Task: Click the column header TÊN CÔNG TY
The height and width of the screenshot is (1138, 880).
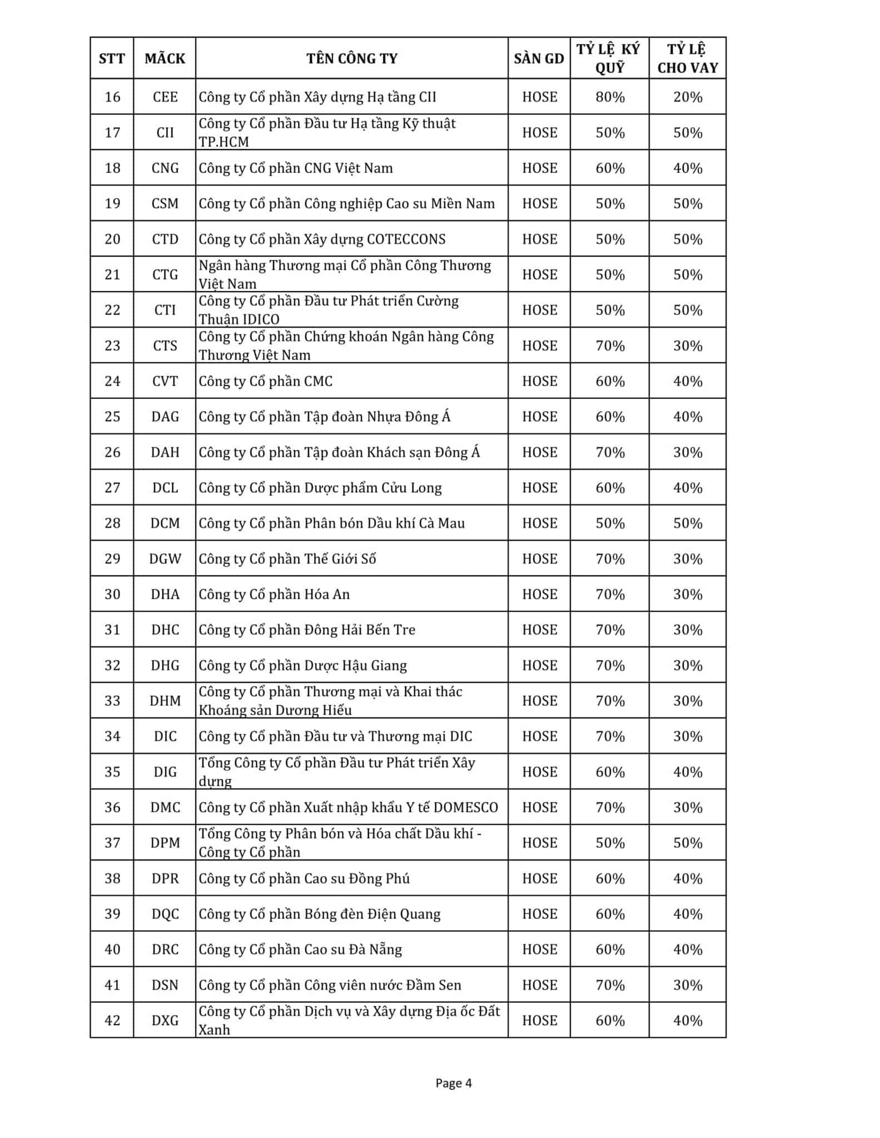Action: click(x=352, y=58)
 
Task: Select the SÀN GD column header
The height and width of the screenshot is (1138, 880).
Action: click(x=539, y=58)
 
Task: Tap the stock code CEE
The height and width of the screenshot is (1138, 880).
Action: click(x=165, y=97)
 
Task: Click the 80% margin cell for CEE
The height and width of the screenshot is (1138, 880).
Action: click(x=610, y=97)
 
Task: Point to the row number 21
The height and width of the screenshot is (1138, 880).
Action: click(x=112, y=274)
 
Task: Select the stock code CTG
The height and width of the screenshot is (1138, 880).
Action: click(x=165, y=274)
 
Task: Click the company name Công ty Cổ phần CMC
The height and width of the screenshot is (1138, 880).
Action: click(x=266, y=381)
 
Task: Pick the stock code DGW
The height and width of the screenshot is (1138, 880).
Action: click(x=165, y=559)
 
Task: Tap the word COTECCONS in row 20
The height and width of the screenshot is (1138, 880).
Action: click(x=406, y=239)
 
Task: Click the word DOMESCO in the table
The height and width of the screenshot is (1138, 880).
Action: click(x=466, y=807)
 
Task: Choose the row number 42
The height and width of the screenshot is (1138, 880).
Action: click(x=112, y=1021)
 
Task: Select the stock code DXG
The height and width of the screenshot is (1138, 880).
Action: click(x=165, y=1021)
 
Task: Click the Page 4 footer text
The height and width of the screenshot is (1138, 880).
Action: click(x=454, y=1083)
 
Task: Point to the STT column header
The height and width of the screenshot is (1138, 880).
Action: click(x=112, y=58)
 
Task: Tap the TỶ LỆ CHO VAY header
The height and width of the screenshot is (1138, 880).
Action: click(x=688, y=58)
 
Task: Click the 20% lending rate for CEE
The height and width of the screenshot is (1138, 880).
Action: click(x=688, y=97)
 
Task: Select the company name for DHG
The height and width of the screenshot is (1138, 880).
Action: click(x=303, y=666)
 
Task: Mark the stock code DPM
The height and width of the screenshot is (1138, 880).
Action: click(x=165, y=843)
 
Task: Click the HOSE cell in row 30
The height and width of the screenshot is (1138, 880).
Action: click(x=539, y=595)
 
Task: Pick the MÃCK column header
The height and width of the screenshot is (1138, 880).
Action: click(x=165, y=58)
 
